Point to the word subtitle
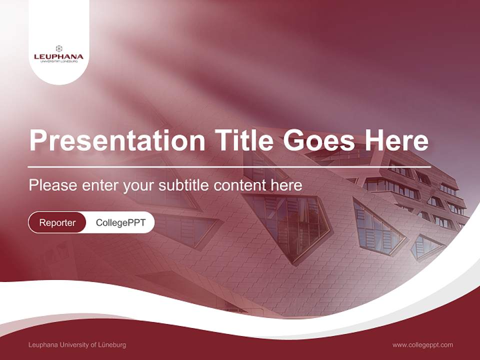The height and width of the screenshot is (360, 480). click(x=184, y=185)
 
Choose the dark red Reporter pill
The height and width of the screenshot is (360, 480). click(x=57, y=222)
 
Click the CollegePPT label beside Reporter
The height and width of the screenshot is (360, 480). click(x=120, y=222)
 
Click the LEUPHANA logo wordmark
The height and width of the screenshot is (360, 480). click(x=58, y=56)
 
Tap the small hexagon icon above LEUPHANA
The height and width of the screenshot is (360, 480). click(x=59, y=48)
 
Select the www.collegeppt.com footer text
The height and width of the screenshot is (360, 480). click(x=422, y=344)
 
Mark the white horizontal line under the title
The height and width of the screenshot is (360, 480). click(x=229, y=166)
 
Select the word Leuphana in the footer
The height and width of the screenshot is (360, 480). click(x=42, y=344)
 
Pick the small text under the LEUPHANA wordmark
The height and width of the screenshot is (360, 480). click(x=58, y=61)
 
